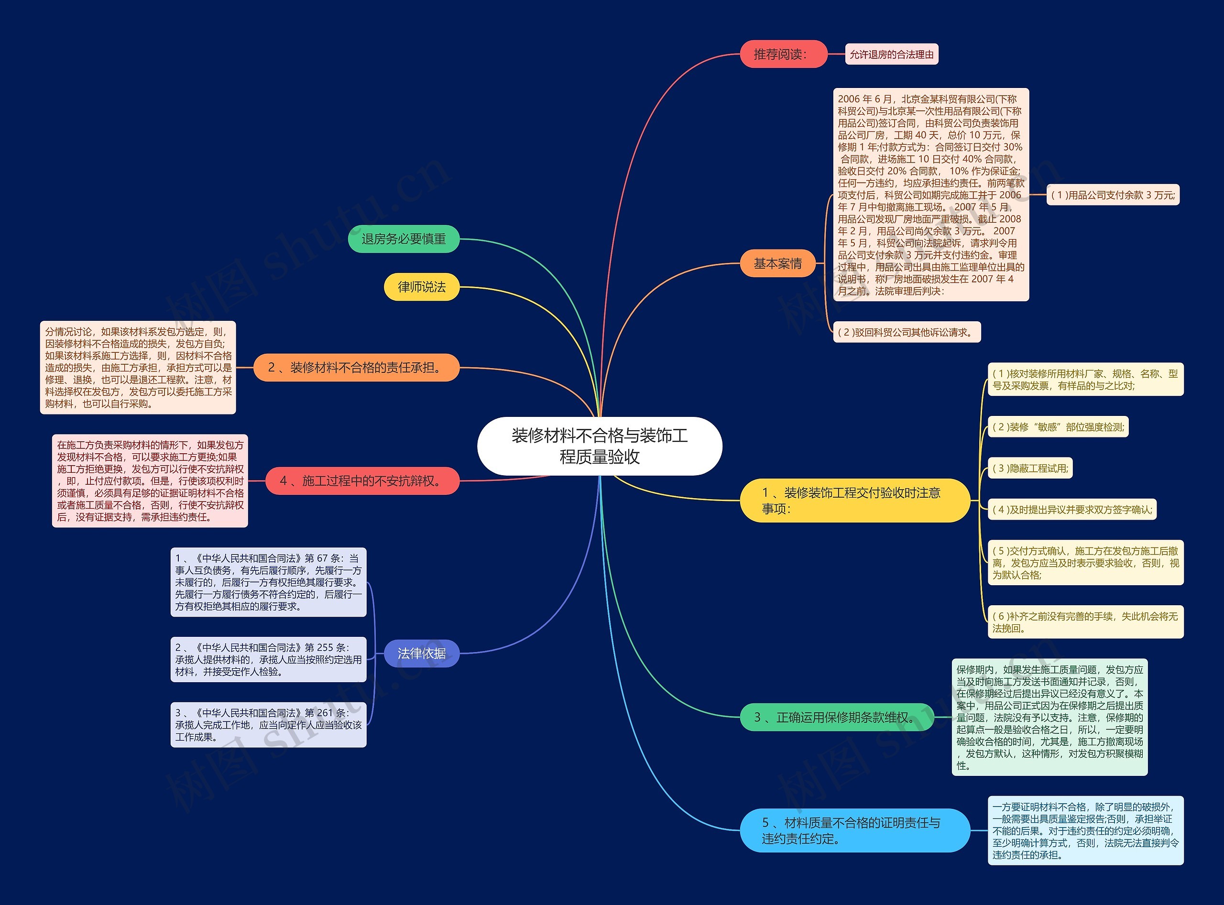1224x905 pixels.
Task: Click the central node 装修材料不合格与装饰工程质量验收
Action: coord(600,446)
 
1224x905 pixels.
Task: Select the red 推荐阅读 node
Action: coord(783,54)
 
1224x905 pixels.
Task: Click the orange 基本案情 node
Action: coord(777,263)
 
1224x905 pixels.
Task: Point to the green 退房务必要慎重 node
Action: coord(403,239)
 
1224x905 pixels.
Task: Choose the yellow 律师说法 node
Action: coord(421,287)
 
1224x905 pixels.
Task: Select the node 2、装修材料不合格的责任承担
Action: coord(356,368)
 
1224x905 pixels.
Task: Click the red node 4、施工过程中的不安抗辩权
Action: coord(362,481)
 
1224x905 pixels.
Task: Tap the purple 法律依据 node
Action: coord(421,653)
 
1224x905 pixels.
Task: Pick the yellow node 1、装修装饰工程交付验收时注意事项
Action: coord(854,501)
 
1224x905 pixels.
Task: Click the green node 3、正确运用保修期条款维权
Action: coord(836,717)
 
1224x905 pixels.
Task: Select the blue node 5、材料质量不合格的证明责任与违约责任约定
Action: coord(854,830)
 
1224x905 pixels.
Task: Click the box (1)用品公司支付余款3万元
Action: coord(1113,195)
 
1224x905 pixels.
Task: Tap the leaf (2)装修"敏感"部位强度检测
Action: coord(1058,427)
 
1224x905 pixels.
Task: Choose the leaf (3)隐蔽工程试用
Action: coord(1030,469)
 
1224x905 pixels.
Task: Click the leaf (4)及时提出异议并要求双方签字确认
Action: coord(1072,510)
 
